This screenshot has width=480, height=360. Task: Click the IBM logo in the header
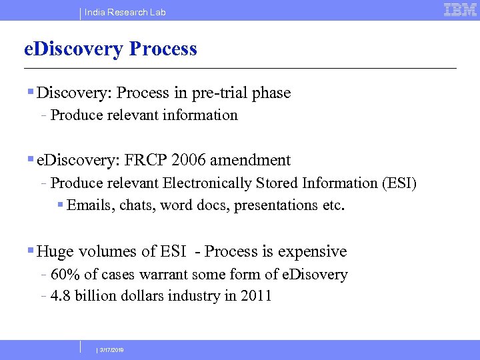pos(460,10)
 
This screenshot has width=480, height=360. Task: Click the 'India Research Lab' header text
pos(125,12)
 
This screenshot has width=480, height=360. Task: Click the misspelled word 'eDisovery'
pos(314,274)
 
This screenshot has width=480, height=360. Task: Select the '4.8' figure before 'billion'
pos(61,295)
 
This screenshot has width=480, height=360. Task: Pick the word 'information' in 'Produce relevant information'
pos(203,115)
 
